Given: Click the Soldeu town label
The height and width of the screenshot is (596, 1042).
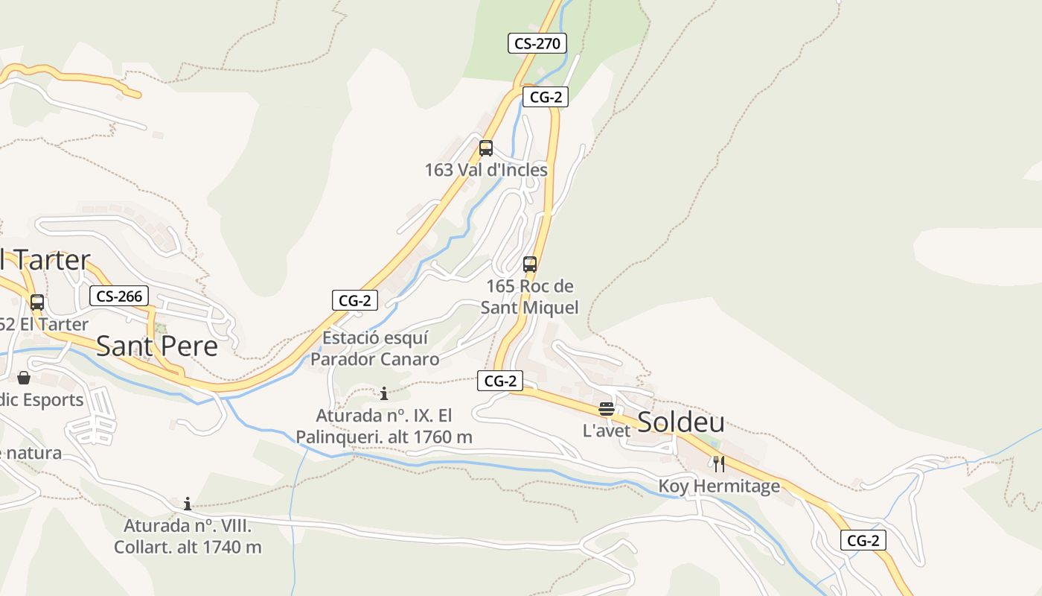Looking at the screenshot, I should pyautogui.click(x=681, y=422).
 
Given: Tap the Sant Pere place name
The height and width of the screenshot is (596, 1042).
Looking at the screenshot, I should pyautogui.click(x=157, y=346).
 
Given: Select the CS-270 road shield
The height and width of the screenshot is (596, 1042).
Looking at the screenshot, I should pyautogui.click(x=537, y=43).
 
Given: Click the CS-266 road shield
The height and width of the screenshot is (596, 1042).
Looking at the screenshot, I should pyautogui.click(x=119, y=296).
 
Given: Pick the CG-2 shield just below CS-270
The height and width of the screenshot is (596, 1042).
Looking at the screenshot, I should pyautogui.click(x=545, y=97).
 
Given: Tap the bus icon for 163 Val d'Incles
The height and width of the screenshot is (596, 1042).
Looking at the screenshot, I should pyautogui.click(x=486, y=148).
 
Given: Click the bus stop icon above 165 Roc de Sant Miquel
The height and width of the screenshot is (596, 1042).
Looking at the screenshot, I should pyautogui.click(x=530, y=264).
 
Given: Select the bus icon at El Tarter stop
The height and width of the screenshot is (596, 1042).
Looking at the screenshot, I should pyautogui.click(x=37, y=302).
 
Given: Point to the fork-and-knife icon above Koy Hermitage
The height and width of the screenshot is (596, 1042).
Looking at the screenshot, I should pyautogui.click(x=719, y=463).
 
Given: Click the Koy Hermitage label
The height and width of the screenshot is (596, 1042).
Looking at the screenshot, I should pyautogui.click(x=719, y=486).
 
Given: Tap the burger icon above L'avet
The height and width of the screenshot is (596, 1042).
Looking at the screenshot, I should pyautogui.click(x=607, y=408).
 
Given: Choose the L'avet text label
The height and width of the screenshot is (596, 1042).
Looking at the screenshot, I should pyautogui.click(x=606, y=430).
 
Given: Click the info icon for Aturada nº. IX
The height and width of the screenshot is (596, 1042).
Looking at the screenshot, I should pyautogui.click(x=384, y=393).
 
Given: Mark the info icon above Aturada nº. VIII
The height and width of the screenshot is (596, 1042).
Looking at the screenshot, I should pyautogui.click(x=188, y=504).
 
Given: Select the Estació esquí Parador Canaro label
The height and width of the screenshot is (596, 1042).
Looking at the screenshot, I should pyautogui.click(x=375, y=349).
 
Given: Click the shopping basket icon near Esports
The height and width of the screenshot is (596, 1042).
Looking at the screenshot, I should pyautogui.click(x=24, y=378).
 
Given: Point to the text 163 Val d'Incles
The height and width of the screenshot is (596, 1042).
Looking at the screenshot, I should pyautogui.click(x=486, y=170).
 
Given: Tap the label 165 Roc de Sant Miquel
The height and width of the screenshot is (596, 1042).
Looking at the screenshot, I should pyautogui.click(x=530, y=297).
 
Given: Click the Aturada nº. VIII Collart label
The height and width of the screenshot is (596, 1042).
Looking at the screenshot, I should pyautogui.click(x=188, y=536).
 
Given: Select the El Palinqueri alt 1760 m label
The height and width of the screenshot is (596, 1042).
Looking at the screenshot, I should pyautogui.click(x=384, y=426).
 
